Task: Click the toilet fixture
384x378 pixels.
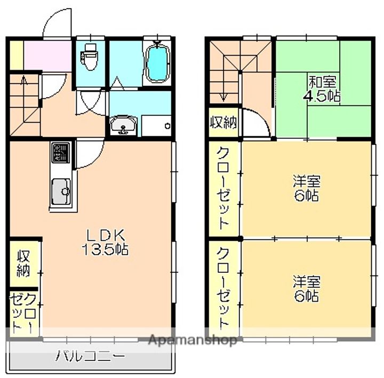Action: [x=89, y=57]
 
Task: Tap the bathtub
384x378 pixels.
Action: [x=158, y=62]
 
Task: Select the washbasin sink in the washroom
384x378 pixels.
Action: [x=123, y=125]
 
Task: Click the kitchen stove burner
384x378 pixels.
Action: [x=60, y=153]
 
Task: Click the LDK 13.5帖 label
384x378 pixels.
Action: [x=105, y=242]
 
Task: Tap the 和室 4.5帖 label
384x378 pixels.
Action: [x=322, y=89]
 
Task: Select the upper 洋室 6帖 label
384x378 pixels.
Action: [x=307, y=188]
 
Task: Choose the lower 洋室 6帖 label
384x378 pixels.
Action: [x=307, y=289]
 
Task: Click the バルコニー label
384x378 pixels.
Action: [x=90, y=356]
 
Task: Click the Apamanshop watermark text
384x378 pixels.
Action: [x=193, y=340]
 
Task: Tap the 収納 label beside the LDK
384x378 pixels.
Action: [x=23, y=263]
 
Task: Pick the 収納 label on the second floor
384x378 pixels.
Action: [x=223, y=122]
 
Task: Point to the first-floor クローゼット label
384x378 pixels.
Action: [x=23, y=313]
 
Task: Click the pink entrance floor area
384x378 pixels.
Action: [x=47, y=55]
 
